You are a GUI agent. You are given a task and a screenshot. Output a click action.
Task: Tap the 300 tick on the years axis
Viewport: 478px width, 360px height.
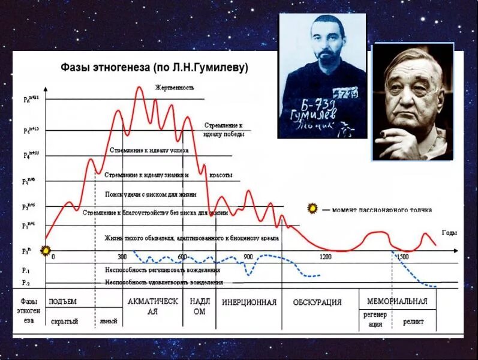coord(122,257)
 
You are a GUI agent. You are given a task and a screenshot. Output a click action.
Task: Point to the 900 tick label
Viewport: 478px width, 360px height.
coord(248,257)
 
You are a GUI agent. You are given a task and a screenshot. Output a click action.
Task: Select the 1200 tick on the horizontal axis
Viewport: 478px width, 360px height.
coord(325,257)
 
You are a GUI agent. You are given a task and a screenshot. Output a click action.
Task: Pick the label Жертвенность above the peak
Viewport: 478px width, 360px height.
coord(175,88)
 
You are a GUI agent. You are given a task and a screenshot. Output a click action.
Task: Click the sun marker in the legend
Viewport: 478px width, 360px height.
coord(312,208)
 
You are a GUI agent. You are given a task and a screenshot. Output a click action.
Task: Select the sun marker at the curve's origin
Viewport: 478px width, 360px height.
coord(44,249)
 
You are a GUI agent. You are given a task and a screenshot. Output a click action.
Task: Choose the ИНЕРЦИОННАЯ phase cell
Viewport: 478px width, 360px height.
coord(249,302)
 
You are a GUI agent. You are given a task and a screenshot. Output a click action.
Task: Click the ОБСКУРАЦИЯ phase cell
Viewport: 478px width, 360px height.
coord(317,302)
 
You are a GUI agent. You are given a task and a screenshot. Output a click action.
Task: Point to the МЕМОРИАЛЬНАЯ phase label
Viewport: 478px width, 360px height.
coord(396,301)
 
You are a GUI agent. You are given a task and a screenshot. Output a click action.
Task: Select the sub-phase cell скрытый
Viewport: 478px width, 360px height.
coord(64,322)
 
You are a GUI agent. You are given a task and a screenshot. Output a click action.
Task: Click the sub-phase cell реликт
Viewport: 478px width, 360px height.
coord(413,322)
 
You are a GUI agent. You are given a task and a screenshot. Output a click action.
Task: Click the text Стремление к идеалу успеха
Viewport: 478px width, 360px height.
coord(149,150)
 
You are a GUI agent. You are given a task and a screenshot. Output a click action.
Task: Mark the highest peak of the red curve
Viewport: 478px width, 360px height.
coord(139,88)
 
